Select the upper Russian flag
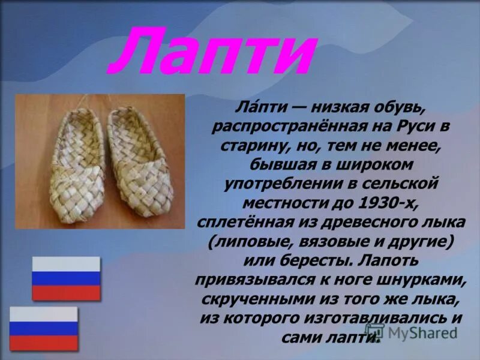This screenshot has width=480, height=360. point(66,278)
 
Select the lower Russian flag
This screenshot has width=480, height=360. point(44,329)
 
